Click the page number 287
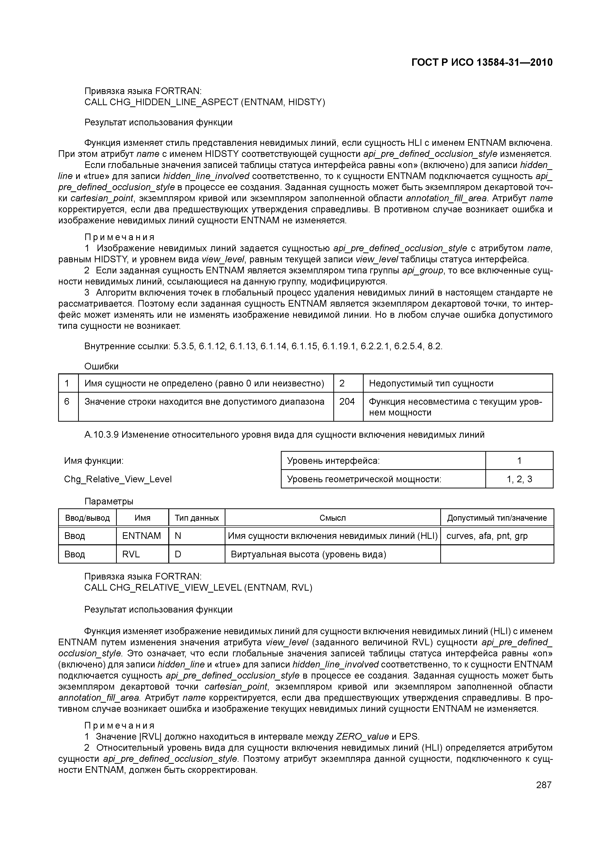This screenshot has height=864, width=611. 543,785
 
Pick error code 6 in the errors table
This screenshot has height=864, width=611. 67,401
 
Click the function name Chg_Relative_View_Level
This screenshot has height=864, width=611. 118,479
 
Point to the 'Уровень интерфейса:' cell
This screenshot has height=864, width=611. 333,461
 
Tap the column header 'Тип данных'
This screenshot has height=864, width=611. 197,518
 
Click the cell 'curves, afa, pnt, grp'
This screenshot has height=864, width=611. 487,536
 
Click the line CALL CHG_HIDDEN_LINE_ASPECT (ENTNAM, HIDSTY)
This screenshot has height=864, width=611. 204,102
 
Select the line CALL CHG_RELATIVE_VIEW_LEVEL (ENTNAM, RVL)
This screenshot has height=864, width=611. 198,587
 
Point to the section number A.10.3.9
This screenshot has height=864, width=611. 102,435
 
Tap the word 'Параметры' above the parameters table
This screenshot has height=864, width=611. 109,501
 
